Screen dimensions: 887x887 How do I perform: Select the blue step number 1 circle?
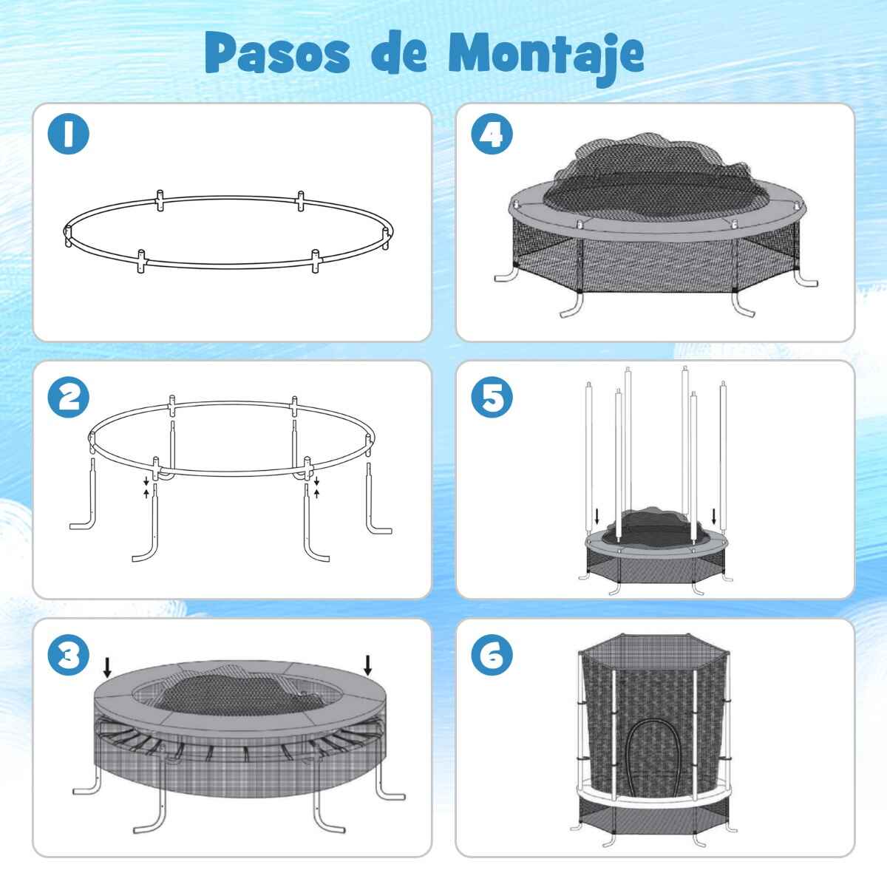point(68,134)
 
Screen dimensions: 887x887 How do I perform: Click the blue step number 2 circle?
point(68,397)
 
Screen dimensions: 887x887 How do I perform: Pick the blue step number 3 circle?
point(68,655)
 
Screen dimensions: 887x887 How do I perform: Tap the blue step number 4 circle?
point(492,134)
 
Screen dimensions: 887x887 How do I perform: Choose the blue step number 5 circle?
point(492,397)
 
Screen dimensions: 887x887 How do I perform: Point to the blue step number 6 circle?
point(492,655)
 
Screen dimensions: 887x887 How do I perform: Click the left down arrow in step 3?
point(107,667)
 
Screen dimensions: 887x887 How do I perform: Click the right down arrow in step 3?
point(367,665)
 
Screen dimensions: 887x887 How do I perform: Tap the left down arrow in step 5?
point(597,517)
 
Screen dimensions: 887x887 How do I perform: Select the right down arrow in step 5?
point(714,517)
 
